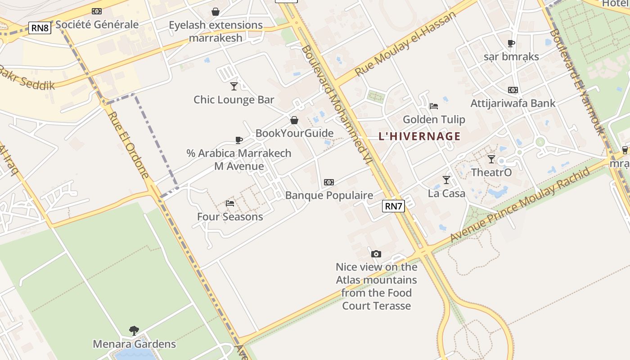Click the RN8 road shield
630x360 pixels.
(x=40, y=28)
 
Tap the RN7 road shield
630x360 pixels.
(x=393, y=206)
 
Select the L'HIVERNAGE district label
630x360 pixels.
(x=419, y=136)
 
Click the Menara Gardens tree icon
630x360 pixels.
(x=134, y=331)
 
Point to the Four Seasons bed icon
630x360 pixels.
(x=230, y=203)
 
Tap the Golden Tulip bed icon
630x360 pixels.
(x=434, y=106)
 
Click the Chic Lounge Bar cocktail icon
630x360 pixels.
(x=234, y=86)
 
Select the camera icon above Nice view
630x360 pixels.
(x=376, y=254)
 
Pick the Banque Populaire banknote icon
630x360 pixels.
(x=329, y=182)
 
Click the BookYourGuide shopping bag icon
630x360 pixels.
(x=294, y=120)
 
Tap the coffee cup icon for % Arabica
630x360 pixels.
(x=239, y=140)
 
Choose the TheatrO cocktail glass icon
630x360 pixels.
(x=491, y=159)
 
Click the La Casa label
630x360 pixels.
(x=446, y=193)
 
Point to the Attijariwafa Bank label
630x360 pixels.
(x=513, y=103)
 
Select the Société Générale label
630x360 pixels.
(x=97, y=24)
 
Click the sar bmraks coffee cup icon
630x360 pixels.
(x=511, y=44)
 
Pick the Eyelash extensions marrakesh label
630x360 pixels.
(x=216, y=31)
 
